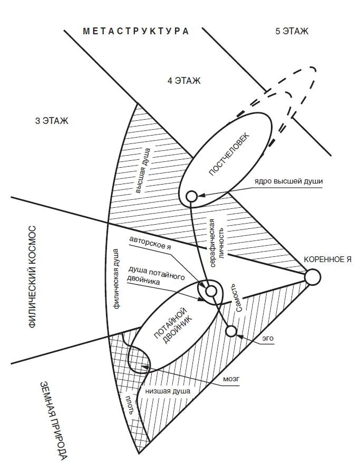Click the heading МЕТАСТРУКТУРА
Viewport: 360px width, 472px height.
(136, 31)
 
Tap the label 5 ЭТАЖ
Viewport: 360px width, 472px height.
(291, 31)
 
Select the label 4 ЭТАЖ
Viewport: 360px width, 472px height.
(184, 81)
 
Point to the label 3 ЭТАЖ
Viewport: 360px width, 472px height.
(52, 121)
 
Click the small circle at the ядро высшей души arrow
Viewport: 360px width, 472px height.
(192, 197)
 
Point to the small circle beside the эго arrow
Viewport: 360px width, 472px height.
(231, 331)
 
